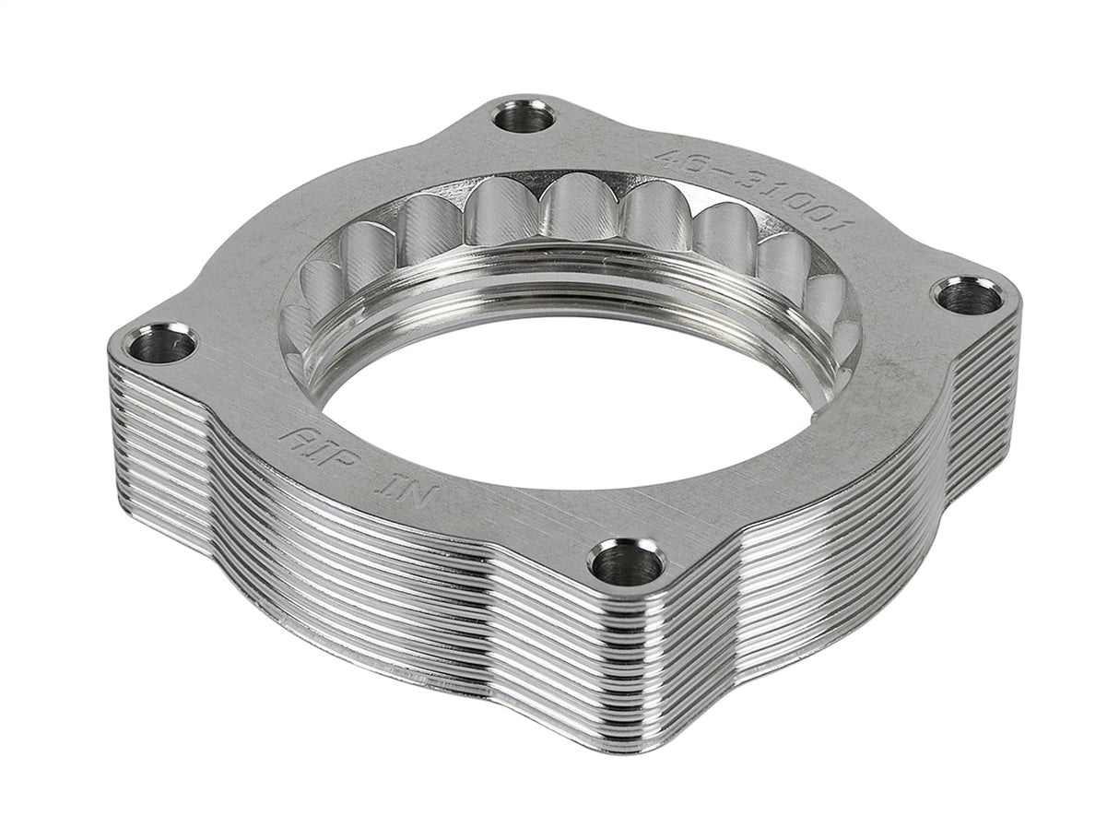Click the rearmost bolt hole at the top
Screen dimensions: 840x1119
[x=524, y=117]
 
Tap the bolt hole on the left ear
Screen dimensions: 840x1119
[x=160, y=345]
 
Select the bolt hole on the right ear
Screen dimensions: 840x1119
[x=968, y=296]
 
